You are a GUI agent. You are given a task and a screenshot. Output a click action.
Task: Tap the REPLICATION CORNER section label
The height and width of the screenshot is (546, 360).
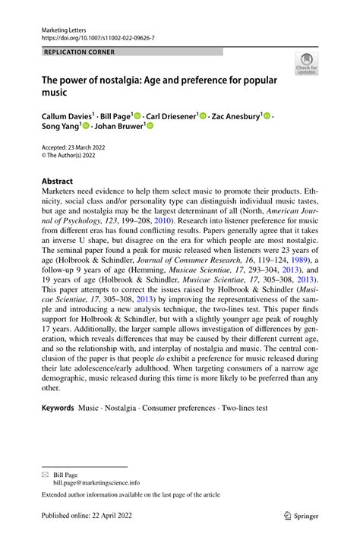[70, 52]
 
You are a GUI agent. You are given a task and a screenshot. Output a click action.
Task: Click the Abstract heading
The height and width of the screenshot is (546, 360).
[52, 181]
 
